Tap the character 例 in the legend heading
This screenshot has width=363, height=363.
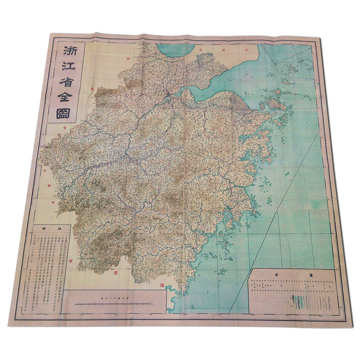click(x=275, y=275)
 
